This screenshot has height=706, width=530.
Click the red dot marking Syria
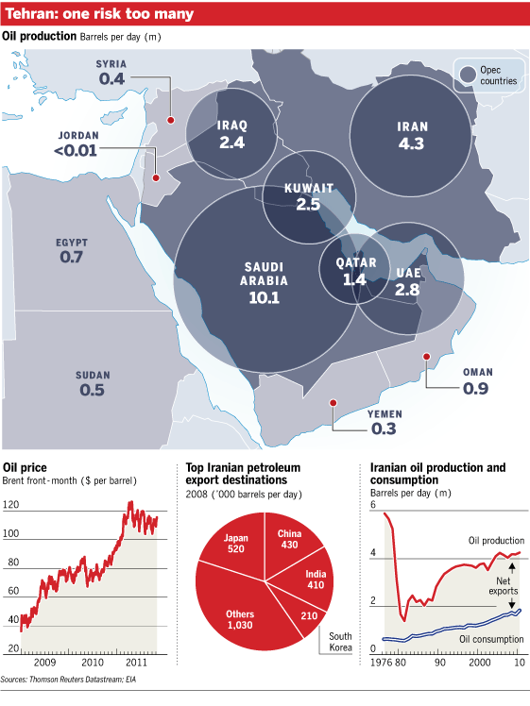170,120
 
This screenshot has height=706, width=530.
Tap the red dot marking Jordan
156,177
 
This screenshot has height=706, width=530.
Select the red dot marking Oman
426,357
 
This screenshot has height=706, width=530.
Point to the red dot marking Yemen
333,402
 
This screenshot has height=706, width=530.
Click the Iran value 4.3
411,143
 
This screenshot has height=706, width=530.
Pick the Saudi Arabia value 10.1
265,297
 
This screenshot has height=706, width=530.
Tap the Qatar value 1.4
354,279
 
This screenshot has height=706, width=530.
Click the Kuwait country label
309,188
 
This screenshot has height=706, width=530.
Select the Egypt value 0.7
71,257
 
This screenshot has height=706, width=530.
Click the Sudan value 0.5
92,390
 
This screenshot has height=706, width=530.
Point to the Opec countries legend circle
468,76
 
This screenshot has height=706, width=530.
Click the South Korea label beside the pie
340,642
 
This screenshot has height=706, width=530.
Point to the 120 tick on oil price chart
10,504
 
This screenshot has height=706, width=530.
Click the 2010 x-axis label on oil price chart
93,662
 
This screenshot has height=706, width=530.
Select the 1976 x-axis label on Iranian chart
382,663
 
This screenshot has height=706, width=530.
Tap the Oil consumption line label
491,639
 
